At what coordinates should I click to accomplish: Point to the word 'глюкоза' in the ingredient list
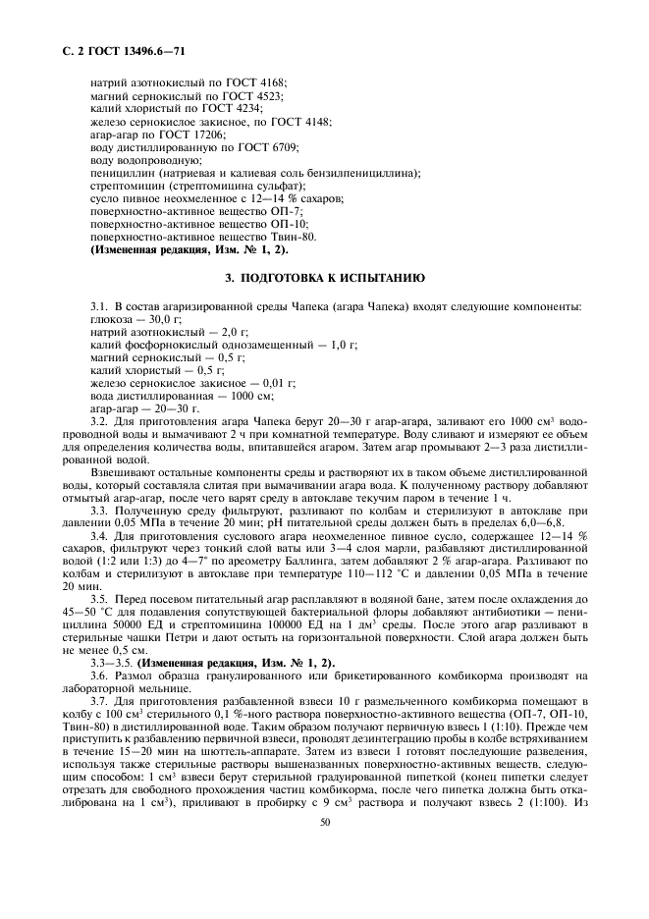(109, 320)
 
